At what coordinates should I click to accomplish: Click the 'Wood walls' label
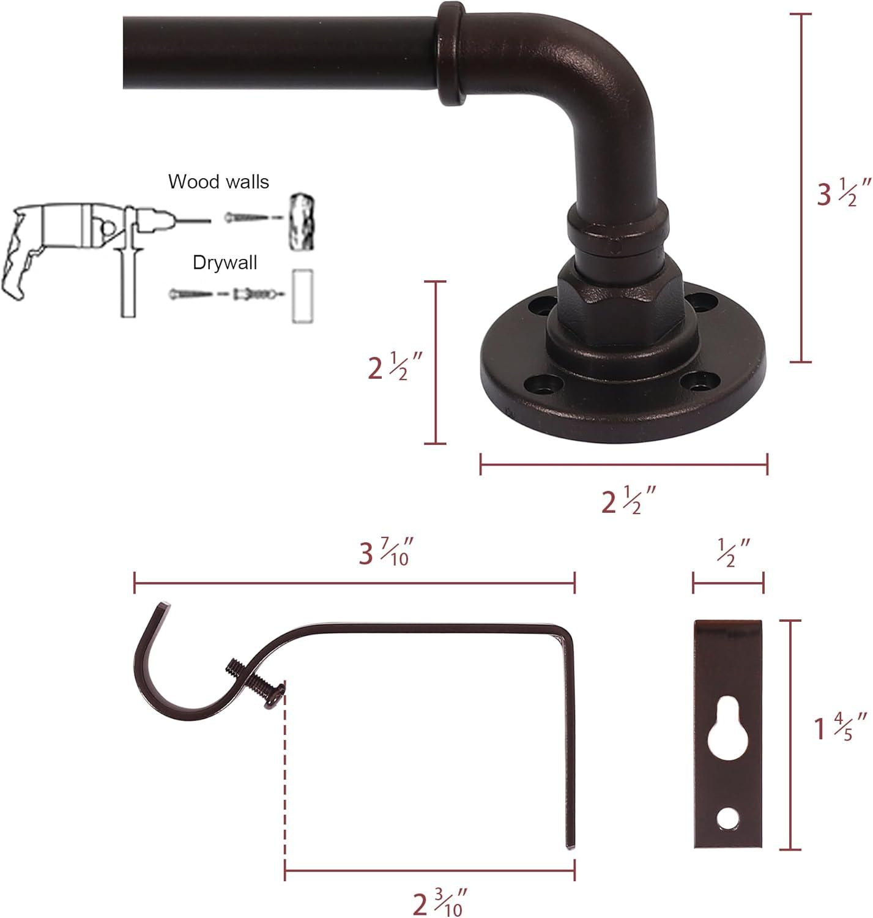(x=218, y=182)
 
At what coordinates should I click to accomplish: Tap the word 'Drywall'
(x=225, y=263)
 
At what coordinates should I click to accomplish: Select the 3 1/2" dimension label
(x=843, y=193)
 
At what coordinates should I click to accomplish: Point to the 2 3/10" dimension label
(x=440, y=902)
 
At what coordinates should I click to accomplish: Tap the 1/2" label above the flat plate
(x=734, y=553)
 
